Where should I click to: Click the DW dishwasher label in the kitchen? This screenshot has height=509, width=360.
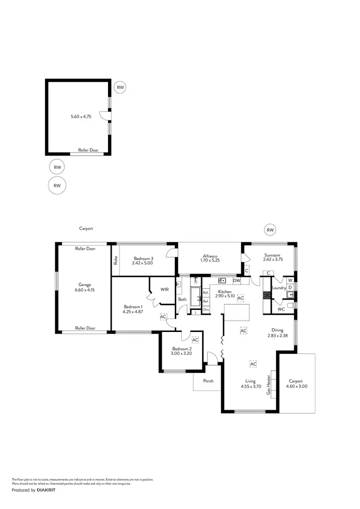coord(236,281)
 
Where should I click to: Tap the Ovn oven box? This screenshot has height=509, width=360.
coord(205,310)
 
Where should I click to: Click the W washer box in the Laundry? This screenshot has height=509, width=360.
coord(290,280)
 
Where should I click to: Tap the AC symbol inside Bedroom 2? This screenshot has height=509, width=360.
coord(195,340)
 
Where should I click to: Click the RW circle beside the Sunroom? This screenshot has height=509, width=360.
coord(270,230)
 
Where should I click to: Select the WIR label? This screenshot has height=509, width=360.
coord(165,290)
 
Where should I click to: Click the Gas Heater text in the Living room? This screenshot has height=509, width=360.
coord(269,385)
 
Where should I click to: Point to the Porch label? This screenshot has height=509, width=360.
coord(208,381)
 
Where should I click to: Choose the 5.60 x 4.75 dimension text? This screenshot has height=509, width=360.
coord(81,116)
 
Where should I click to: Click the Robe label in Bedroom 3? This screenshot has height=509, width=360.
coord(116,260)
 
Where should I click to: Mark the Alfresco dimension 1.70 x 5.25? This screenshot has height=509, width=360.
coord(209,260)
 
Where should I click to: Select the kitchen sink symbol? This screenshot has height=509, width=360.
coord(222,281)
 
